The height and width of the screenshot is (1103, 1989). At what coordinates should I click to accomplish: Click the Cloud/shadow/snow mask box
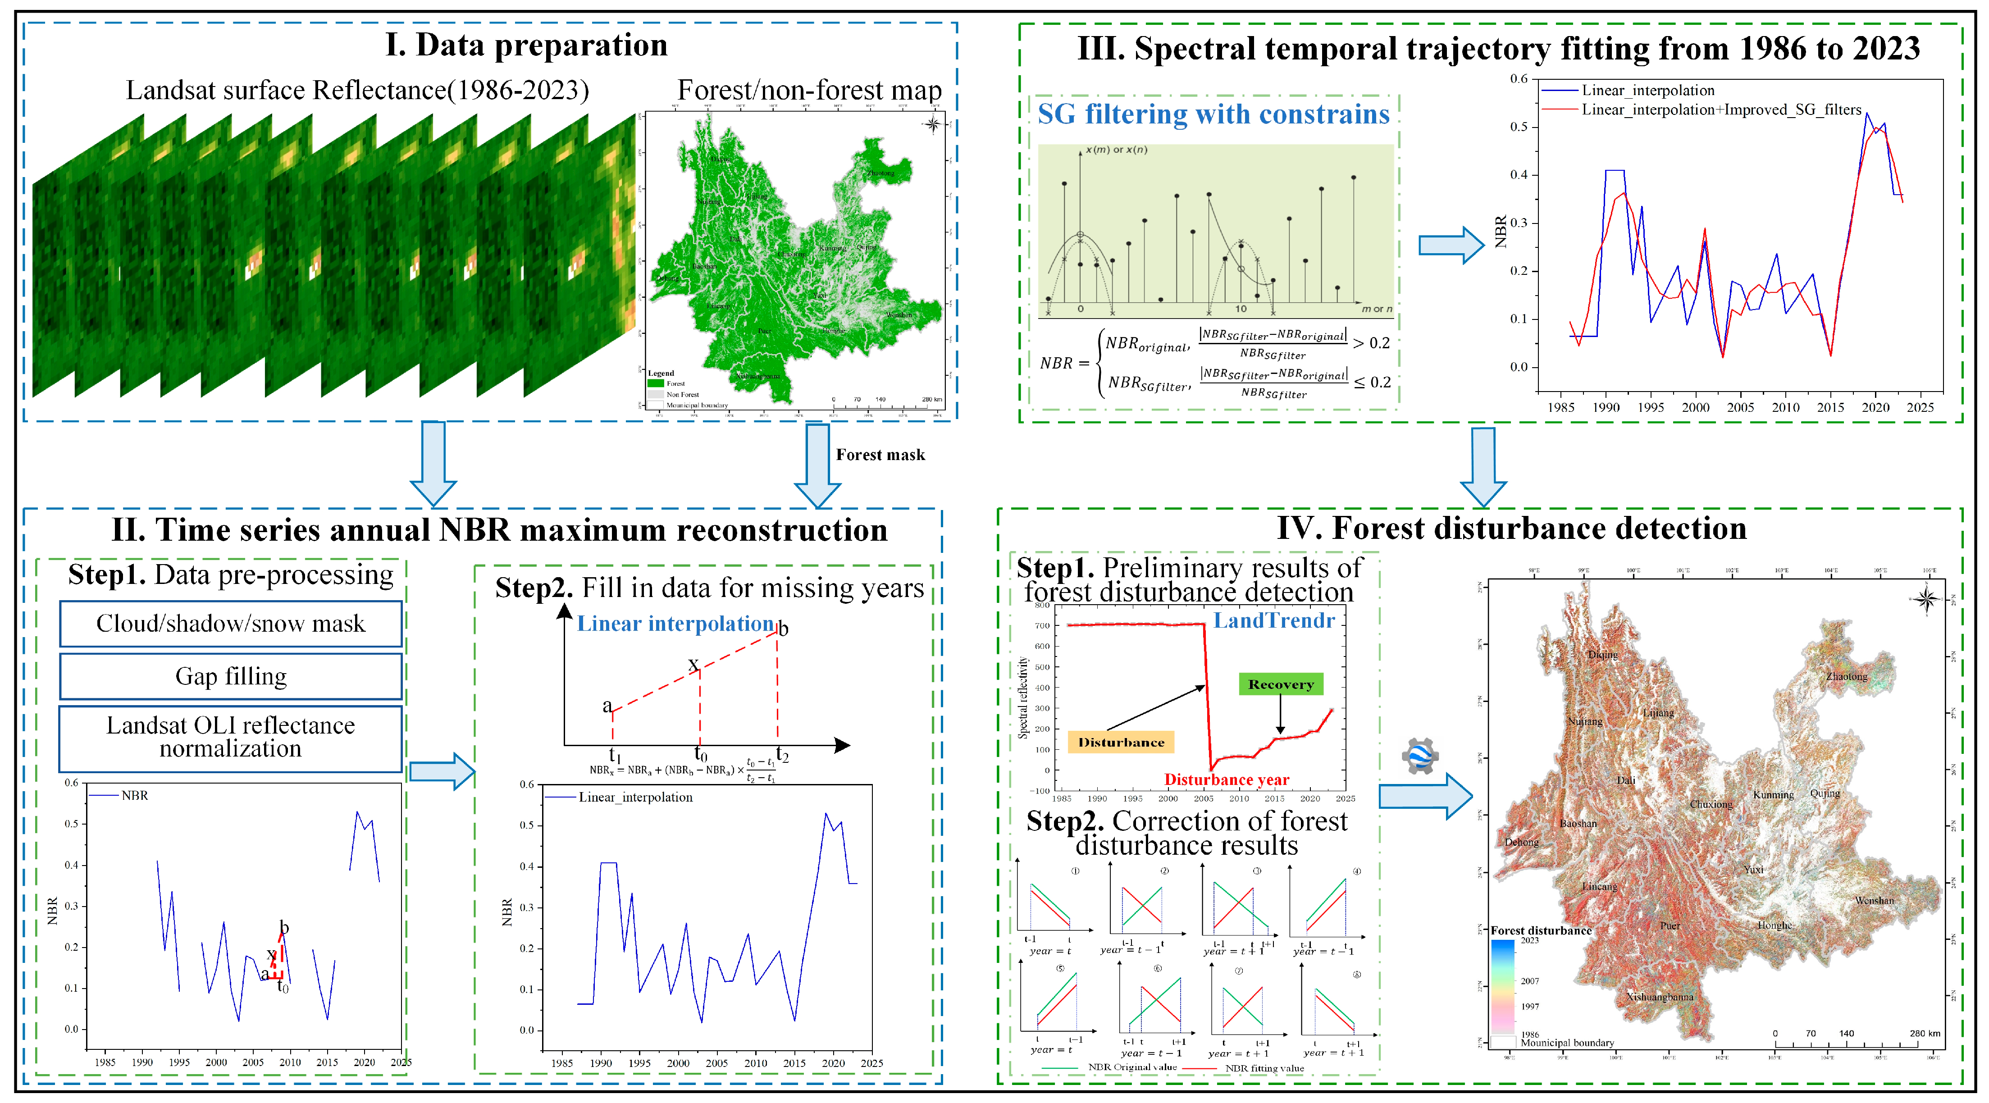tap(230, 624)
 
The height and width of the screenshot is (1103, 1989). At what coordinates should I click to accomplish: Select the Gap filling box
tap(230, 676)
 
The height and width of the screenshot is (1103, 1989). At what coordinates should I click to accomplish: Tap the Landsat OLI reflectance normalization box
tap(230, 737)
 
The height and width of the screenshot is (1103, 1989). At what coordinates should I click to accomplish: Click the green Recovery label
tap(1280, 684)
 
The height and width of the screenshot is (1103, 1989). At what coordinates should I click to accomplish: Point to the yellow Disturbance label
tap(1120, 742)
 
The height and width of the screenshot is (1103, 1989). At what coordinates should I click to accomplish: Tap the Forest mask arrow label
tap(880, 455)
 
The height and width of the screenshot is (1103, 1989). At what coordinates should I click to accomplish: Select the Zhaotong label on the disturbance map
tap(1846, 676)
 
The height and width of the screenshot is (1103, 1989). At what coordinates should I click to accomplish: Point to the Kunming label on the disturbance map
tap(1773, 794)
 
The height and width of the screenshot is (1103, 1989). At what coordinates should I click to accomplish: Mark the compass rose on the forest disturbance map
tap(1925, 600)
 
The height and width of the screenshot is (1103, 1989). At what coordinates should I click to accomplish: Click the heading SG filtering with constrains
tap(1213, 114)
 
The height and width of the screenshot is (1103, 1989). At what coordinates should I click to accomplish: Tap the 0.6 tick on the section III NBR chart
tap(1518, 79)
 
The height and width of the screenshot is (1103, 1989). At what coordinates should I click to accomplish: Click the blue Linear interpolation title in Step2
tap(675, 624)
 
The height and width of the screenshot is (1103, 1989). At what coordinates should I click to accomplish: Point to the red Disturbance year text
tap(1226, 779)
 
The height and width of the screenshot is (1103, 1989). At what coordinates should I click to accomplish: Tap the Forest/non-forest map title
tap(809, 90)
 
